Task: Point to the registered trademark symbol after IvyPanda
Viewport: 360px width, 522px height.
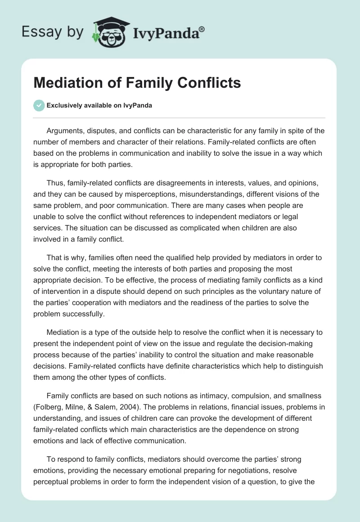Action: click(202, 29)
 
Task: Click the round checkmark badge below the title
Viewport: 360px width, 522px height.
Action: click(39, 105)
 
